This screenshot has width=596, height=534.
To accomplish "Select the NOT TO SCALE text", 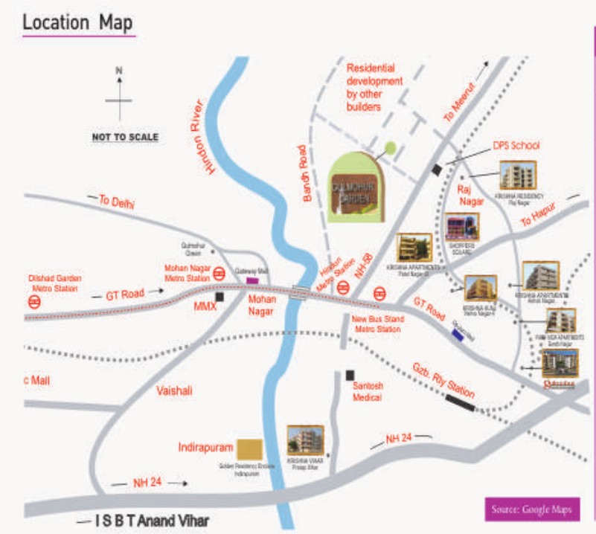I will pyautogui.click(x=125, y=137).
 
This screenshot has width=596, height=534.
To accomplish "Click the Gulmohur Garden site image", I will pyautogui.click(x=355, y=187).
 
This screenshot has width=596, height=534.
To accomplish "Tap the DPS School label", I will pyautogui.click(x=516, y=146).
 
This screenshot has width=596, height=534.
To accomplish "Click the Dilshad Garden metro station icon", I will pyautogui.click(x=33, y=302).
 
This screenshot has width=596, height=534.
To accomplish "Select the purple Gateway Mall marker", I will pyautogui.click(x=253, y=280).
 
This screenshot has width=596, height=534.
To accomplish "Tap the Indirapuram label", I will pyautogui.click(x=206, y=448).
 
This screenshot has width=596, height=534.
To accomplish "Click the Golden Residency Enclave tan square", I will pyautogui.click(x=249, y=449).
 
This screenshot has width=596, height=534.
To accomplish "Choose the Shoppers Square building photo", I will pyautogui.click(x=461, y=227).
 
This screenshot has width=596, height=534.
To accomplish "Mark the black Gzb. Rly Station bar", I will pyautogui.click(x=461, y=402).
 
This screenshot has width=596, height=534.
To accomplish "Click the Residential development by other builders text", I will pyautogui.click(x=374, y=88).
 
